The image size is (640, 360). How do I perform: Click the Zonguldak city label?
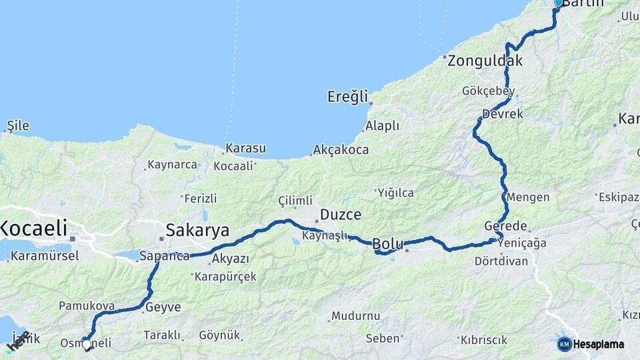coord(485,61)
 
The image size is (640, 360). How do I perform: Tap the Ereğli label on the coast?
coord(347,97)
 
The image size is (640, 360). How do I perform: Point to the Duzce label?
coord(341,215)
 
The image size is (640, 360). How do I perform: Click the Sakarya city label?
coord(197,231)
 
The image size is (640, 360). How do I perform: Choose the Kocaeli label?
coord(34,229)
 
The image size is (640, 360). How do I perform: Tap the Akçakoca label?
coord(341,150)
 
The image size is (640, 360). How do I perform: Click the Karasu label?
coord(245,148)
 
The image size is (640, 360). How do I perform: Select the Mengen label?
coord(528,197)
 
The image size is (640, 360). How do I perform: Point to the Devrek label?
coord(503,114)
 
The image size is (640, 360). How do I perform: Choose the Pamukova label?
coord(87,306)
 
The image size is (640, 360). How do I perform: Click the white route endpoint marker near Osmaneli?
coord(87,344)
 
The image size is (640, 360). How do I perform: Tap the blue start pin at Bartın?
coord(559,3)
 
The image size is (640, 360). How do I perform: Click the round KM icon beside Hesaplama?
coord(564,344)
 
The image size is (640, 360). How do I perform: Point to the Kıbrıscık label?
coord(485,339)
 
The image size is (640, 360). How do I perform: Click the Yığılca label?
coord(395,193)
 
